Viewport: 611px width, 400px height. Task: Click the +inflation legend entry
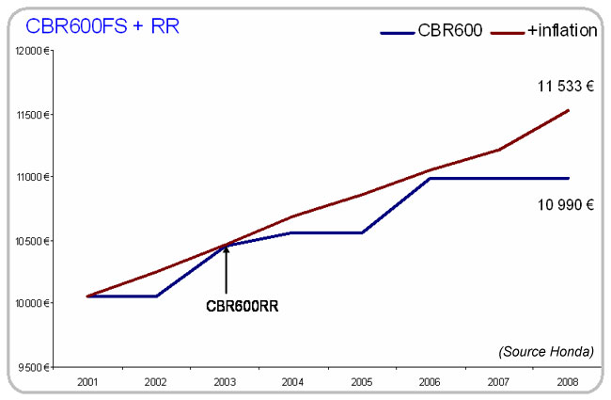point(562,30)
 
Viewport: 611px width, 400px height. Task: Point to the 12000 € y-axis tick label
point(30,51)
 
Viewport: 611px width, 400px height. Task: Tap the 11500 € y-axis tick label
point(30,115)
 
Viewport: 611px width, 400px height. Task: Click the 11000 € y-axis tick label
point(30,177)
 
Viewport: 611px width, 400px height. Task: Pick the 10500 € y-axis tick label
point(30,241)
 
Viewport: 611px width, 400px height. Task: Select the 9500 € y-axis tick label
point(32,367)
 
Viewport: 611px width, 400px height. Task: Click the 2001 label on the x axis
point(87,382)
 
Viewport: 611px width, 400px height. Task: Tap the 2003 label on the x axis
point(225,382)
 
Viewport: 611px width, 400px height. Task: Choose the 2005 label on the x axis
point(362,382)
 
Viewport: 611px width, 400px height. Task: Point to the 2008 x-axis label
point(568,382)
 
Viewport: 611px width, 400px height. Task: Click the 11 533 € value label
point(565,87)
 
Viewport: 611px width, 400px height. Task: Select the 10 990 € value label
point(565,202)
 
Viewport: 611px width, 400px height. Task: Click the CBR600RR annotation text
point(242,306)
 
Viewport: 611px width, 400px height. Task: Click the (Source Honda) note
point(546,351)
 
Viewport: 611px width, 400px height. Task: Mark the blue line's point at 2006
point(431,178)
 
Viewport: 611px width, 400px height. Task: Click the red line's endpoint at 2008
point(568,110)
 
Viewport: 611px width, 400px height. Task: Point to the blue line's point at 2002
point(156,296)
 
